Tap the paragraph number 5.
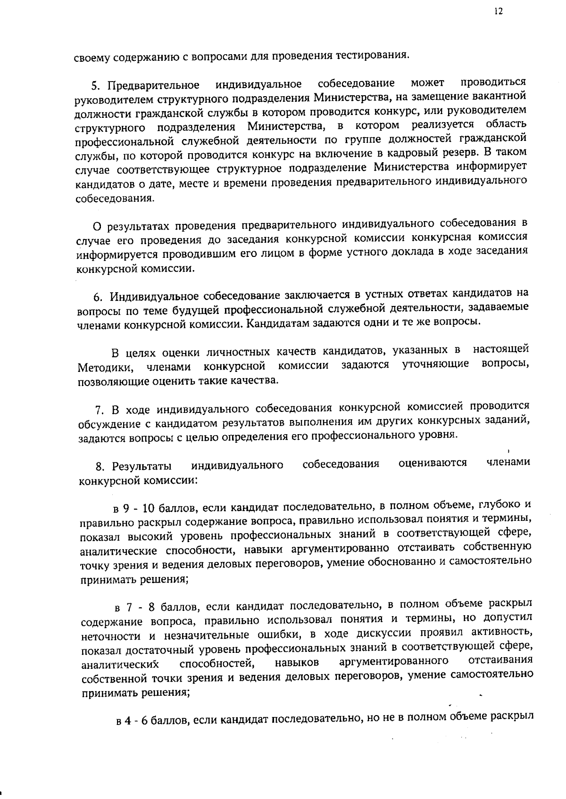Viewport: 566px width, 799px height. coord(94,86)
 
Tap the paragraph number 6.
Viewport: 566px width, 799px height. coord(97,297)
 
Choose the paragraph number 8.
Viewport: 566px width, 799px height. coord(99,467)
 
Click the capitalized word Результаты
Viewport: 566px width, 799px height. coord(141,467)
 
